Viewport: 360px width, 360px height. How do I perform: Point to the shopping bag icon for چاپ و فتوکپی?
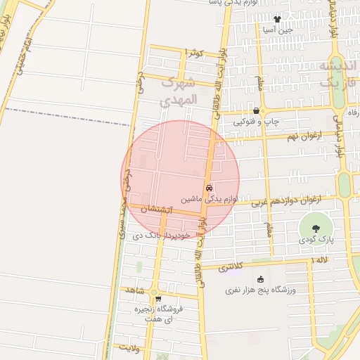pyautogui.click(x=256, y=110)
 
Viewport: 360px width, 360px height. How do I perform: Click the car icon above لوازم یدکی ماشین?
pyautogui.click(x=209, y=188)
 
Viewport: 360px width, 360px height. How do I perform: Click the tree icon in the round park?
pyautogui.click(x=314, y=228)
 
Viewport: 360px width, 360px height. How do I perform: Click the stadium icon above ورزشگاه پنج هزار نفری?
pyautogui.click(x=260, y=279)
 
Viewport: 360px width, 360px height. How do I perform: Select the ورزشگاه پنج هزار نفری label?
pyautogui.click(x=261, y=290)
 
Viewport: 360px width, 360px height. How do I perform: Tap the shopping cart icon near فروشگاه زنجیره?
pyautogui.click(x=157, y=298)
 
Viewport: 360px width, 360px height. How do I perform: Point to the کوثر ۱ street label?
pyautogui.click(x=193, y=53)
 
